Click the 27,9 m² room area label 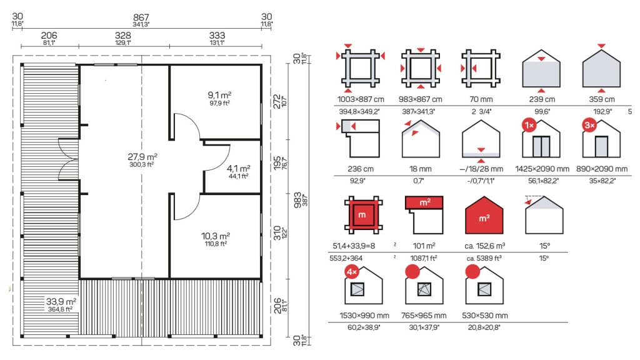coord(142,157)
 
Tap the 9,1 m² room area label coord(219,96)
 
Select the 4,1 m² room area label coord(239,169)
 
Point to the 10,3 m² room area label coord(216,236)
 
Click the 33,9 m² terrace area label coord(61,302)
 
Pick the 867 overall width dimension coord(141,17)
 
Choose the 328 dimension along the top coord(123,36)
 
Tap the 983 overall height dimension coord(298,200)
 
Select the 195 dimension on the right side coord(277,163)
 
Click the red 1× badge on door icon coord(529,125)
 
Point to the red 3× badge coord(589,125)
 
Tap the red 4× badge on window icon coord(352,271)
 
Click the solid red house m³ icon coord(484,215)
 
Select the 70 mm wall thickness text coord(481,99)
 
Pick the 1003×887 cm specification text coord(361,99)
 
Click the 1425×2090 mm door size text coord(542,169)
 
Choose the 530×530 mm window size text coord(485,316)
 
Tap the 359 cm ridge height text coord(602,99)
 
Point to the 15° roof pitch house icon coord(544,215)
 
